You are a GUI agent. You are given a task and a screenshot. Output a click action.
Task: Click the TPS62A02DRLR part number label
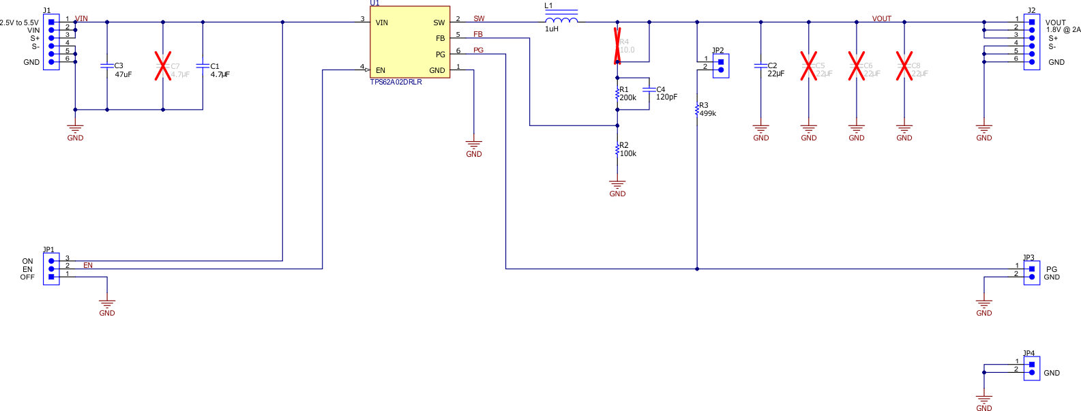tap(396, 82)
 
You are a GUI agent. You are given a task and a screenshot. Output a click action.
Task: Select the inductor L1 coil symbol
tap(562, 20)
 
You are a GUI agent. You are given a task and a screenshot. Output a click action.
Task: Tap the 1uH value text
tap(551, 29)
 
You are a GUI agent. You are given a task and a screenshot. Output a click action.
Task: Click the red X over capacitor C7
tap(162, 66)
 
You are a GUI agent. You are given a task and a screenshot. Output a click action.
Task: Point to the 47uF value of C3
tap(123, 74)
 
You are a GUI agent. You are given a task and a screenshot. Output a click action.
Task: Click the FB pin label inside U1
tap(440, 38)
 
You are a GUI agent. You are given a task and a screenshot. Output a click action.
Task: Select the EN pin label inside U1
tap(380, 70)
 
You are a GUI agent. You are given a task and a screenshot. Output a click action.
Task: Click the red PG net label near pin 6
tap(478, 50)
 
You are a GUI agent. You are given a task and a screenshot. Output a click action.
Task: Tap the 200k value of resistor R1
tap(627, 97)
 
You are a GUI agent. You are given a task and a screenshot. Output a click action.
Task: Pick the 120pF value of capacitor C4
tap(666, 97)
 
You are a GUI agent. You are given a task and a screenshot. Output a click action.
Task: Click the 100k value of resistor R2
tap(627, 153)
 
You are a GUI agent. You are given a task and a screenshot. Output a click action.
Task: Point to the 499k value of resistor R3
tap(707, 113)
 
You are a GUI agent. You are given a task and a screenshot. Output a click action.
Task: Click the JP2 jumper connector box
tap(721, 65)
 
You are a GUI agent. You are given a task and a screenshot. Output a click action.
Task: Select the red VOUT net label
tap(881, 18)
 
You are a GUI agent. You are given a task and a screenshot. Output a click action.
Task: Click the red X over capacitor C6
tap(857, 66)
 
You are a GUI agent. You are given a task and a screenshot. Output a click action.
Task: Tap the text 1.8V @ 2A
tap(1063, 30)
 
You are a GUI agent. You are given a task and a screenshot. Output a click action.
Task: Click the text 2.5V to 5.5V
tap(19, 22)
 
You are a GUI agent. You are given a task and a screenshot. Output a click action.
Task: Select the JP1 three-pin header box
tap(51, 269)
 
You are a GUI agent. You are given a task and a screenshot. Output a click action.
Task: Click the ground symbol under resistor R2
tap(617, 185)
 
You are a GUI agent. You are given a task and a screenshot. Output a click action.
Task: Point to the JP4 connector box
tap(1031, 369)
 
